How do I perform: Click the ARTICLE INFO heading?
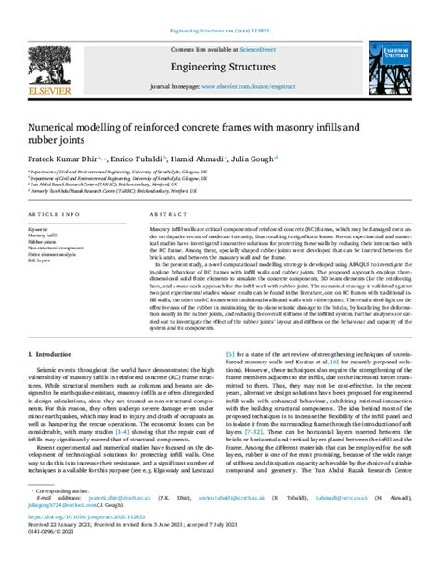[53, 213]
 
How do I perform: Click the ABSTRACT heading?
[165, 213]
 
